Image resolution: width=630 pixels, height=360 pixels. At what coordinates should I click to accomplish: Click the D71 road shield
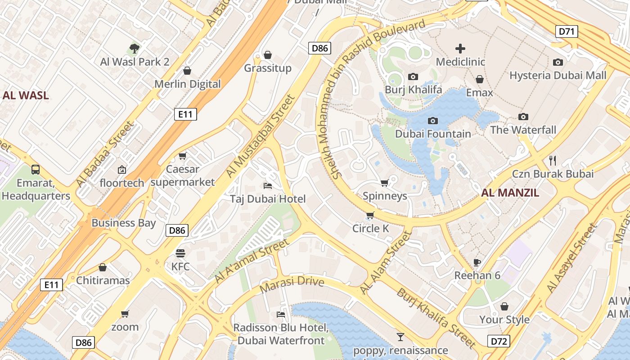point(567,31)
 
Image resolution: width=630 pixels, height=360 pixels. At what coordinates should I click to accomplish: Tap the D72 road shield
point(499,341)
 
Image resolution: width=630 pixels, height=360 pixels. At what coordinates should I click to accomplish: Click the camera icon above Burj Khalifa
point(413,77)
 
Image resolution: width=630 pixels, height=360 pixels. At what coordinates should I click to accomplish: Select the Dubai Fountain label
point(433,134)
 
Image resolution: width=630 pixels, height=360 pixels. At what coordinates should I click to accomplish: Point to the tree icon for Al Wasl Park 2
point(134,49)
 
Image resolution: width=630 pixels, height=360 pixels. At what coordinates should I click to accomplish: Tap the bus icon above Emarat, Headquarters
point(36,170)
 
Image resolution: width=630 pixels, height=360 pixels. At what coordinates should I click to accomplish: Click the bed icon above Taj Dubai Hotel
point(267,185)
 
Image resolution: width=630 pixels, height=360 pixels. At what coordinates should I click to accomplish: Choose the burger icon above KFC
point(180,253)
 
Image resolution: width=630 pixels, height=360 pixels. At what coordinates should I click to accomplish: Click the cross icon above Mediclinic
point(460,49)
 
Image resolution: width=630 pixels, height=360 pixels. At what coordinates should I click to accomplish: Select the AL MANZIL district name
point(510,193)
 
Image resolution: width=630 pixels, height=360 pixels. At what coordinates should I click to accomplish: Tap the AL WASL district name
point(26,95)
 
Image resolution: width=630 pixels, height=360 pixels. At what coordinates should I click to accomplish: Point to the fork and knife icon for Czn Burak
point(553,160)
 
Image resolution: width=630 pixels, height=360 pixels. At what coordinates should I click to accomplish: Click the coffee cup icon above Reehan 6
point(477,262)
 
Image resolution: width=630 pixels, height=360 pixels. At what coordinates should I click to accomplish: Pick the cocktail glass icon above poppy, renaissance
point(400,337)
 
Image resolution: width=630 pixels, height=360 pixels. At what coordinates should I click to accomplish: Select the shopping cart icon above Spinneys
point(384,183)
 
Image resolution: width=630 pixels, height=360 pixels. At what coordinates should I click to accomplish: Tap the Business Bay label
point(123,223)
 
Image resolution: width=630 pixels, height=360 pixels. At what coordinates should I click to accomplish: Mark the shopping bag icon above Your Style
point(504,306)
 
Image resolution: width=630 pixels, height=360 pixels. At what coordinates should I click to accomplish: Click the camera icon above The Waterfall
point(523,117)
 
